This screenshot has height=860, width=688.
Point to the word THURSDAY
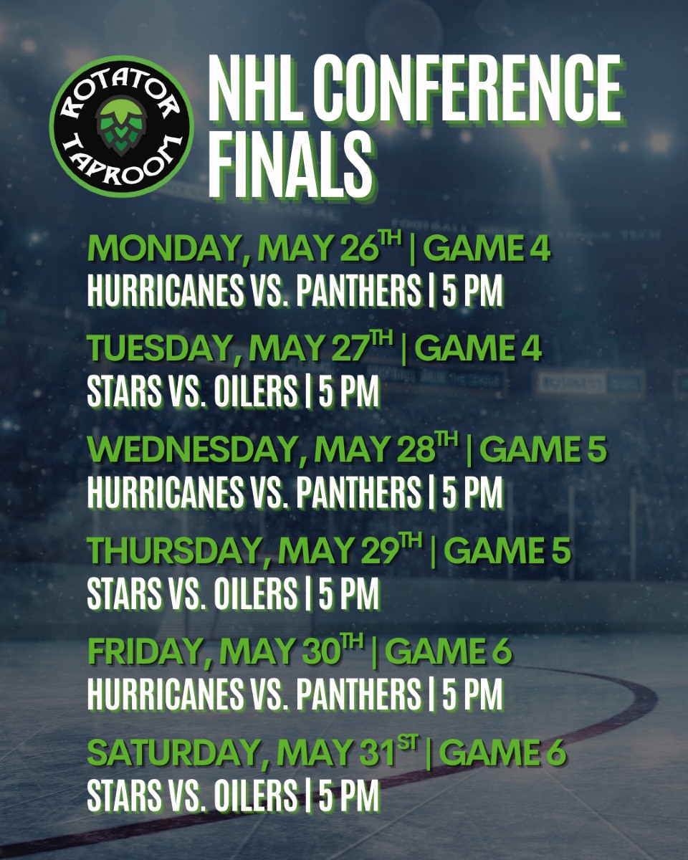pos(173,550)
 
